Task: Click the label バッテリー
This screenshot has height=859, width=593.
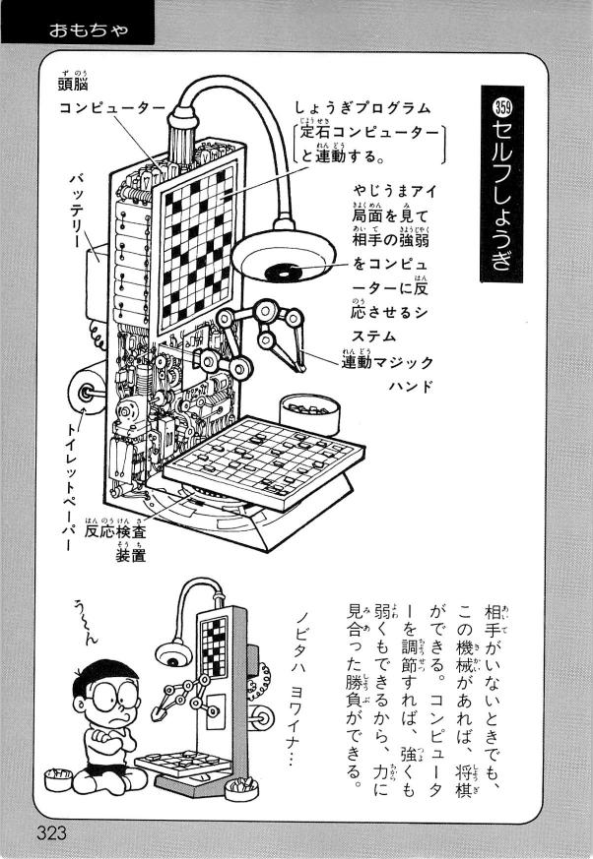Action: click(77, 213)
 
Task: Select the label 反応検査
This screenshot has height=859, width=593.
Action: click(118, 529)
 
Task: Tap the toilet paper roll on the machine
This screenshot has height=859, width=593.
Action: click(89, 392)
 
